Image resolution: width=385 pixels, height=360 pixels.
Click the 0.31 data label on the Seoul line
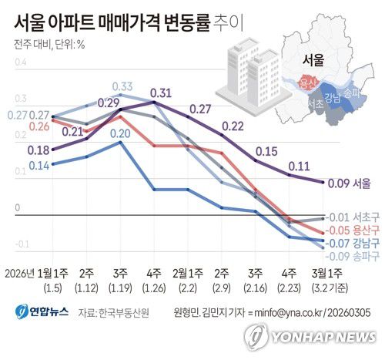pos(160,94)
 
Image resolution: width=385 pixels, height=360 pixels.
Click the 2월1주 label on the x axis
pos(187,274)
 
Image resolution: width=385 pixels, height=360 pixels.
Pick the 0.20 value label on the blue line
pos(119,133)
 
